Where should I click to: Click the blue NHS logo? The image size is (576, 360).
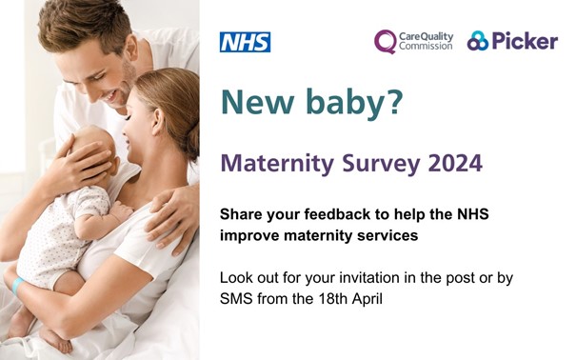coord(245,42)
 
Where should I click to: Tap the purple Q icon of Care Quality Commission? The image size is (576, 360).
coord(385,41)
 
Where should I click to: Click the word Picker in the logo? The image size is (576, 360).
coord(525,41)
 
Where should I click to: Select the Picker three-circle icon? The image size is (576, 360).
coord(477,41)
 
